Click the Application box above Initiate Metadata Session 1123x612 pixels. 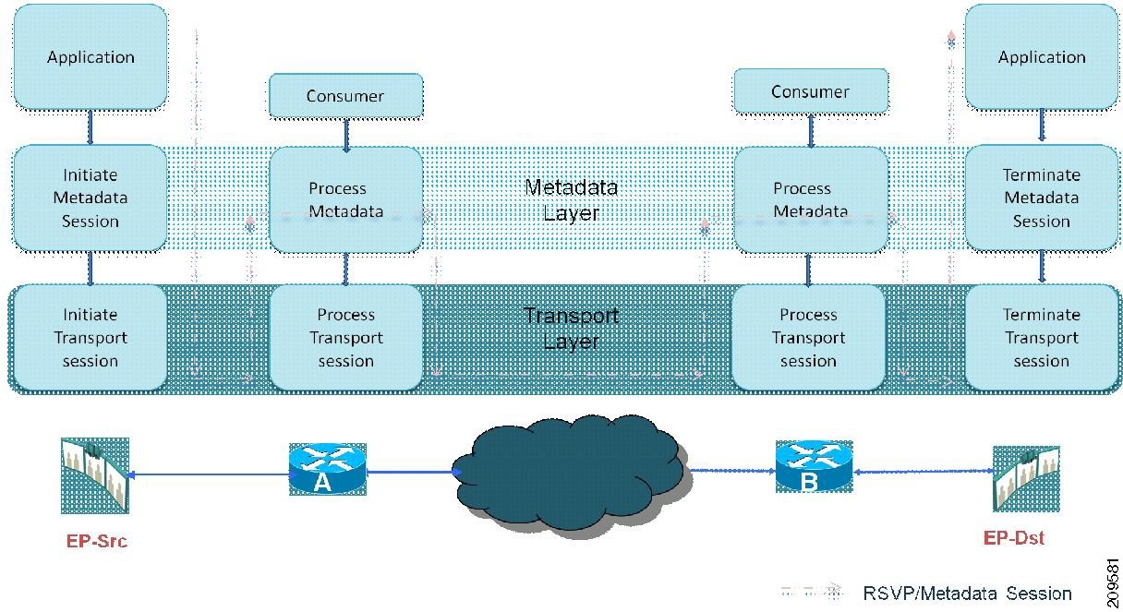[91, 56]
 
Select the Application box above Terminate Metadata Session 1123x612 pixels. [1042, 56]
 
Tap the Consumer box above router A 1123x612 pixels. [346, 95]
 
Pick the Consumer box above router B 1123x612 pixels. [811, 90]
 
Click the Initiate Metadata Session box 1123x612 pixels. [91, 198]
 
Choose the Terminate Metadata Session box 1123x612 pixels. [1042, 198]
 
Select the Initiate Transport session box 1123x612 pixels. [91, 337]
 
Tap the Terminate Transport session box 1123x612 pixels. [1042, 337]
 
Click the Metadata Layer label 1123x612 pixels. [571, 200]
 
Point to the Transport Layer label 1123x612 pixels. [571, 329]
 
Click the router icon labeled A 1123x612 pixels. [328, 469]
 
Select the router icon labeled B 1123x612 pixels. [815, 466]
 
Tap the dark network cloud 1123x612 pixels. [572, 475]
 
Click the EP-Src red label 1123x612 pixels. [97, 541]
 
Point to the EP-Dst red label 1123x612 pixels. [1014, 538]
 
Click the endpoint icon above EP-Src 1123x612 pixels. [95, 475]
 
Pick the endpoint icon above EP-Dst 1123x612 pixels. [1026, 479]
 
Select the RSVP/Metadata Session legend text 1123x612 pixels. [967, 594]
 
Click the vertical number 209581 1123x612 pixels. [1113, 583]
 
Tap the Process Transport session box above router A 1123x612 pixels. [346, 337]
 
